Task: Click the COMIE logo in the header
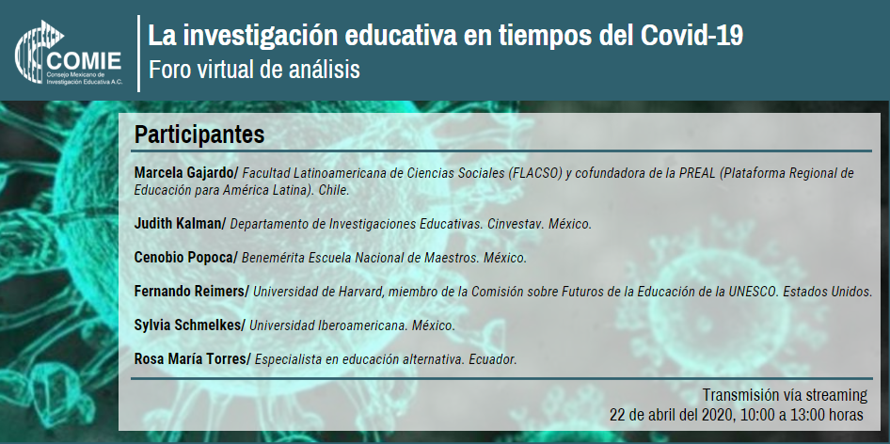pos(68,53)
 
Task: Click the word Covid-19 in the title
pos(691,36)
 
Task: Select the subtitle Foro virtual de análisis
pos(254,70)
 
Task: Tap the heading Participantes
pos(199,135)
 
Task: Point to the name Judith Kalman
pos(178,224)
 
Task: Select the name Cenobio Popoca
pos(183,257)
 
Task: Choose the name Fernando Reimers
pos(190,292)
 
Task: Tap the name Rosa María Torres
pos(190,358)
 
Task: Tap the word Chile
pos(334,190)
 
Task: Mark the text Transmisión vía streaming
pos(785,394)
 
